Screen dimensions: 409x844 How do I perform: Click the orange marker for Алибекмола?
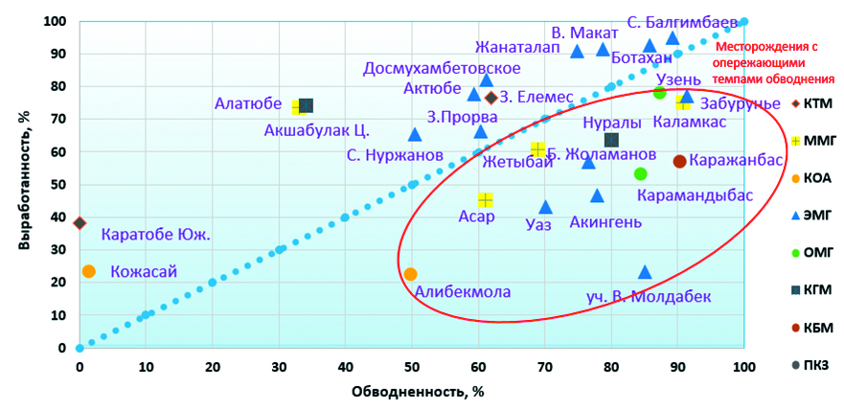(410, 274)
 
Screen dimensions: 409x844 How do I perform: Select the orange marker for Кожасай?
(89, 271)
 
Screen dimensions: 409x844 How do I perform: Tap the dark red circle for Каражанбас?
(679, 161)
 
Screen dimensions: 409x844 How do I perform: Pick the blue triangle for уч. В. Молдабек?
(645, 273)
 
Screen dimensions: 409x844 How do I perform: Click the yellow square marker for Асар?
(486, 200)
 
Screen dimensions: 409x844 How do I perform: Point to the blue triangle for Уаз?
(545, 207)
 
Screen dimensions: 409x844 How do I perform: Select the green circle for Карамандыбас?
(641, 173)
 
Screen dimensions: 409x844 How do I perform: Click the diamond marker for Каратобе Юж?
(80, 223)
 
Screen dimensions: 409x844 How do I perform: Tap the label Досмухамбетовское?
(443, 69)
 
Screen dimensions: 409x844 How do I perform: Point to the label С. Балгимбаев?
(682, 21)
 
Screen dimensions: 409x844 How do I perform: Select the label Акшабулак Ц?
(316, 131)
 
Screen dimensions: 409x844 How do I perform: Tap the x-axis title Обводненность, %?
(411, 391)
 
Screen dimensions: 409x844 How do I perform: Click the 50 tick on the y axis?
(59, 185)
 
